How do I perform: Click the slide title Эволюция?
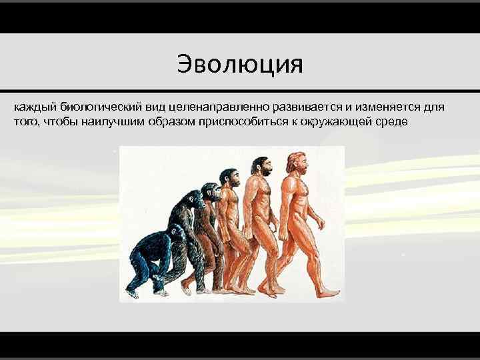[240, 65]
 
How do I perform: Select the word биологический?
[94, 107]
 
